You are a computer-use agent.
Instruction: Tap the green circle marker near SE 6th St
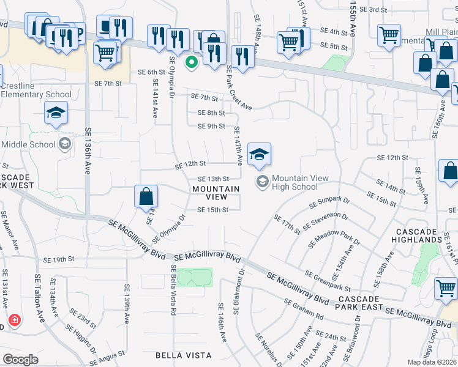click(x=192, y=61)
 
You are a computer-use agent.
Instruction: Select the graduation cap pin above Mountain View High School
click(x=260, y=155)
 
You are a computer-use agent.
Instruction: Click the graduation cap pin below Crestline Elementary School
click(x=56, y=113)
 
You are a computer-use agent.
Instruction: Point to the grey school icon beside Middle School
click(x=64, y=144)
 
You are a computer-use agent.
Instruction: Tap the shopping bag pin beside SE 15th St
click(x=146, y=197)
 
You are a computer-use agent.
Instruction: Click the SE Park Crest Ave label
click(x=238, y=87)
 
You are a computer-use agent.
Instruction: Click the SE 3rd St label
click(x=374, y=9)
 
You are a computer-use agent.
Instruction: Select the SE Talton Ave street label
click(x=40, y=298)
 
